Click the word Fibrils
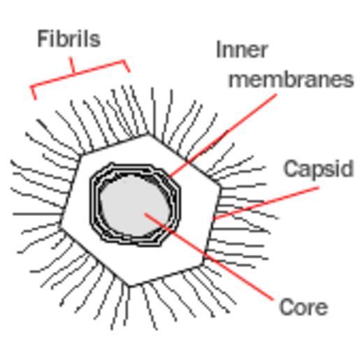point(69,39)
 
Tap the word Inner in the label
point(242,50)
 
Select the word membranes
point(291,79)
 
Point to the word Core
point(303,307)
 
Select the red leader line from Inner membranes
point(222,136)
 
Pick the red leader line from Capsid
point(266,203)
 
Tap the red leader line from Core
point(208,257)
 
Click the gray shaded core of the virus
point(134,206)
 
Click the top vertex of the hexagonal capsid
point(147,134)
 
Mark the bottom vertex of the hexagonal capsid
point(130,286)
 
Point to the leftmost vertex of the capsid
point(60,226)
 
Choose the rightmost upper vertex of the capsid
point(219,185)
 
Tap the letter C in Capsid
point(290,168)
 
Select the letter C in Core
point(286,307)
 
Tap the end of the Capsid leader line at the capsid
point(215,219)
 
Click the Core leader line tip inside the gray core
point(145,213)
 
